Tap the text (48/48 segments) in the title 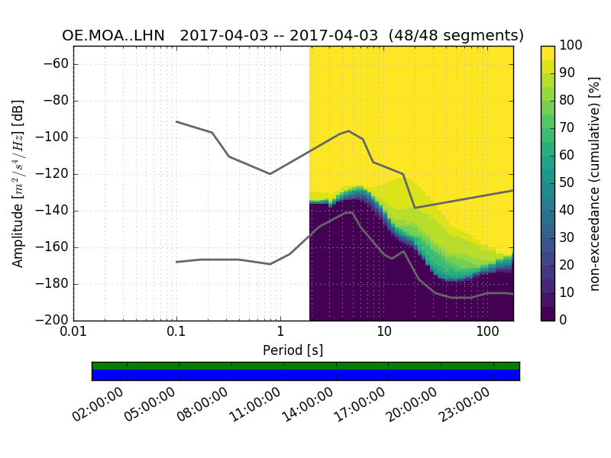(456, 36)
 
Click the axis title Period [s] (293, 350)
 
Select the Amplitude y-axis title (18, 183)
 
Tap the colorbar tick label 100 (571, 46)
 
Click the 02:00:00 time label (99, 405)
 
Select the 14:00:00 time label (308, 405)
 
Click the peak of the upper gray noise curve (349, 131)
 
